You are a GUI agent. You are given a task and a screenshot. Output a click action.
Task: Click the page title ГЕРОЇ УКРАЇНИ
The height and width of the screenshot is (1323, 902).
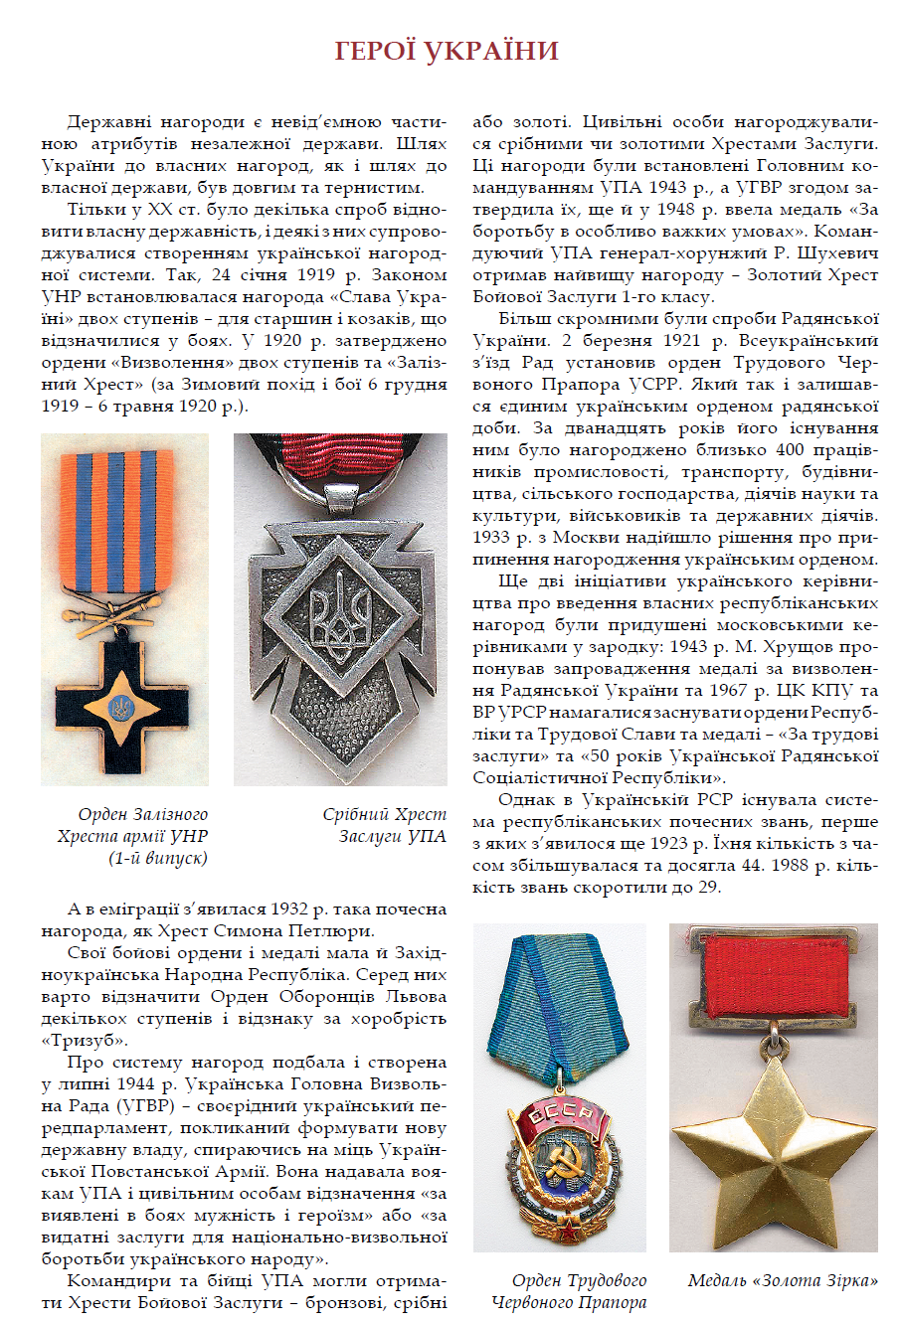click(x=447, y=51)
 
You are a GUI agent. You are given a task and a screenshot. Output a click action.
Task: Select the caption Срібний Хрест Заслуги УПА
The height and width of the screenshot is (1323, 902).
click(x=384, y=825)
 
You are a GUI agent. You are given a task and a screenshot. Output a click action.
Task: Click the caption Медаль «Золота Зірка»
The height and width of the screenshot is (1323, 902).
click(x=783, y=1280)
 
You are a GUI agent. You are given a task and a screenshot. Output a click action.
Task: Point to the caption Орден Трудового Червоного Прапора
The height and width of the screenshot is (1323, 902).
click(x=568, y=1291)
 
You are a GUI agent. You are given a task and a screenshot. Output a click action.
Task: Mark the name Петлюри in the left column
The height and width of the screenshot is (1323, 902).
click(x=333, y=931)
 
